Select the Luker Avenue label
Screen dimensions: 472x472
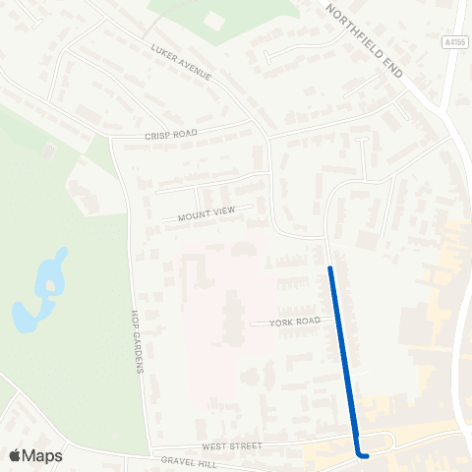pyautogui.click(x=182, y=63)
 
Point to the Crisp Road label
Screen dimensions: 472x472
pyautogui.click(x=171, y=134)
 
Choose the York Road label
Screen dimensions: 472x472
pyautogui.click(x=294, y=322)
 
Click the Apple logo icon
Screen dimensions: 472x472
pyautogui.click(x=15, y=455)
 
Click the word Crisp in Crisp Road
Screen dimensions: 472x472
pyautogui.click(x=158, y=135)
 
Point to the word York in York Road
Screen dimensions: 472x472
pyautogui.click(x=280, y=322)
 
